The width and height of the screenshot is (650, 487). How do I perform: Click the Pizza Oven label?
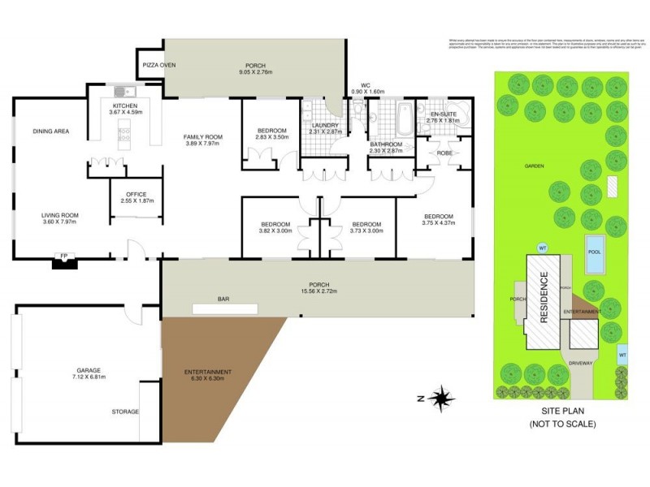click(x=158, y=65)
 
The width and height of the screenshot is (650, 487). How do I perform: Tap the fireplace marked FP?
click(x=63, y=261)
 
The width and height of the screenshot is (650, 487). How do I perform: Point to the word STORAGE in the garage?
click(x=125, y=412)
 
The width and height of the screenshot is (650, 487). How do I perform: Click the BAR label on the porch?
click(x=223, y=299)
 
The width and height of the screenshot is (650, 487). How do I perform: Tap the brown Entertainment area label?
click(x=209, y=373)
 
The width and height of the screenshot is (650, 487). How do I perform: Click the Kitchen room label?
click(x=125, y=106)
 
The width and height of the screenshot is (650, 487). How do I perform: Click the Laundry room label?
click(x=323, y=125)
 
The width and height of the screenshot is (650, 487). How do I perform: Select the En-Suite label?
click(x=444, y=115)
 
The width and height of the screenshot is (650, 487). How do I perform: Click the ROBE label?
click(x=444, y=152)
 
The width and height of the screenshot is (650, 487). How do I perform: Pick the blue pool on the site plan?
click(x=595, y=246)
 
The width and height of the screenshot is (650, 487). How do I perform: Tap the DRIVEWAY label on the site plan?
click(x=580, y=363)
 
